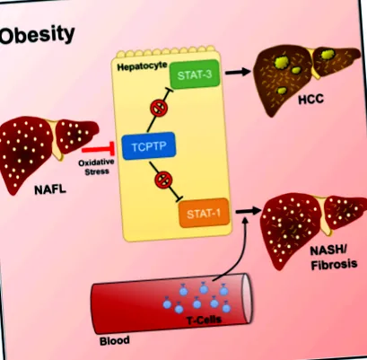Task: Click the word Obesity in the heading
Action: pos(37,35)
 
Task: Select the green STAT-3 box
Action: pos(195,75)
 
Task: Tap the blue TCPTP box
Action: pos(149,146)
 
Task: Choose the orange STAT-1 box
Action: pos(204,213)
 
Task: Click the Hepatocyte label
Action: pos(142,66)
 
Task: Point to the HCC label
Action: pos(311,100)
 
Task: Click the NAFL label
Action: pos(50,189)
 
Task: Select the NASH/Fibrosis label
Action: pos(334,258)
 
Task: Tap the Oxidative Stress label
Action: pos(97,167)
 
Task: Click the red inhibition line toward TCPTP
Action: pos(98,149)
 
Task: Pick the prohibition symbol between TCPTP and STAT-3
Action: pos(158,109)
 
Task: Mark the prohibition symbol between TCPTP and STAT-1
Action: pos(163,180)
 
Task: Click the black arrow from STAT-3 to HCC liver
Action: pos(238,72)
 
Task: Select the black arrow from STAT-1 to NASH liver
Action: pos(249,211)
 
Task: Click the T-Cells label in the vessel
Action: pos(204,320)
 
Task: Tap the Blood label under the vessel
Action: pos(115,341)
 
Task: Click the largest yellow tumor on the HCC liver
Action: pos(283,62)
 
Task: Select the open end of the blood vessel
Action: pos(247,299)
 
